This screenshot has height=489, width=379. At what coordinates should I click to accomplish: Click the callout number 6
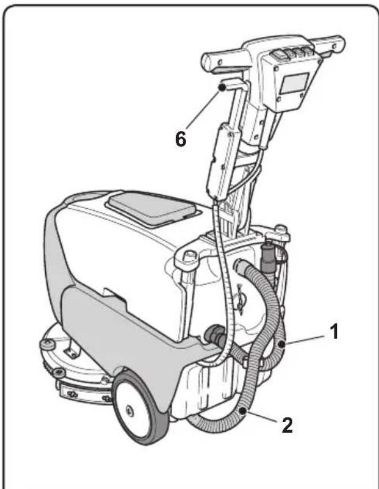pyautogui.click(x=180, y=140)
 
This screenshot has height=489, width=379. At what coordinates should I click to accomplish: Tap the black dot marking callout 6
pyautogui.click(x=221, y=87)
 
